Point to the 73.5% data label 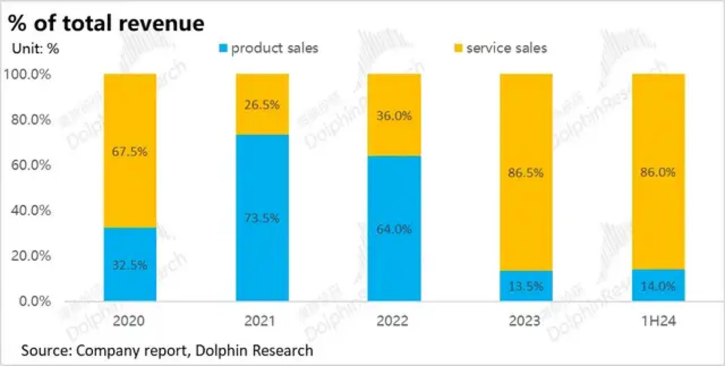[262, 218]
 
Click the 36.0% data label [394, 115]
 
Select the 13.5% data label [525, 286]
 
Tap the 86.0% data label [657, 172]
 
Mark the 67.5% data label [130, 151]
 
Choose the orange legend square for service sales [458, 49]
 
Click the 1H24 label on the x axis [657, 321]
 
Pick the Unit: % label [35, 49]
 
